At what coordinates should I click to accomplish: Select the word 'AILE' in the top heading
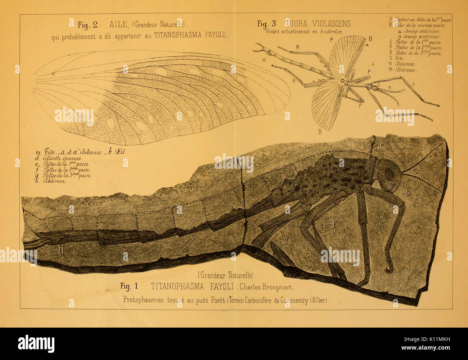click(x=119, y=24)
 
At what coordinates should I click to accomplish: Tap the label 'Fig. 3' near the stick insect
click(x=266, y=24)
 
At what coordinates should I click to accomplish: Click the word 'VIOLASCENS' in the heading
click(x=330, y=24)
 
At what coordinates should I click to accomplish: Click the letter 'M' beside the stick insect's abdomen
click(x=264, y=60)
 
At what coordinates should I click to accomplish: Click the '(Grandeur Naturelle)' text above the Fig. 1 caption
click(x=225, y=276)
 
